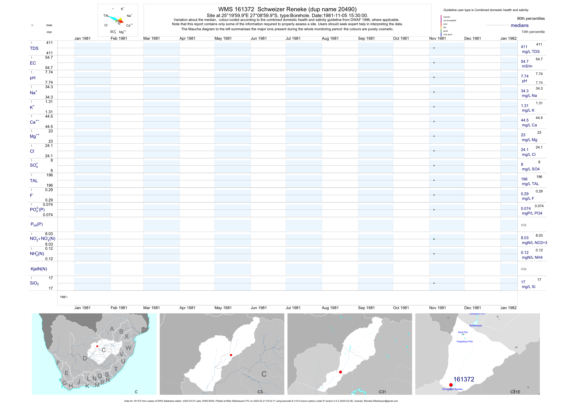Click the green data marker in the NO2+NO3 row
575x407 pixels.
pos(434,239)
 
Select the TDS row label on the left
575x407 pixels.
pos(34,48)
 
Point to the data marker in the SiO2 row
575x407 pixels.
pos(434,283)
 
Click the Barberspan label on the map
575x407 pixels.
pos(475,326)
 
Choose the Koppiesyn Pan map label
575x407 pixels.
pos(465,341)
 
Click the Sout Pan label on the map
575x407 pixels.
pos(462,332)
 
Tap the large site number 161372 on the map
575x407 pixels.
pos(464,379)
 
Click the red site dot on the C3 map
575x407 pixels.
pos(231,355)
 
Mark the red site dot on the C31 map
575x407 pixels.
pos(340,372)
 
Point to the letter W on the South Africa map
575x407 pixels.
pos(128,348)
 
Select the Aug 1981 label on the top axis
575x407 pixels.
pos(330,38)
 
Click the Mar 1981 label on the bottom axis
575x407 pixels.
pos(151,308)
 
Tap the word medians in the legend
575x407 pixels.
pos(519,25)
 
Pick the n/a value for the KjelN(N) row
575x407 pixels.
pos(523,269)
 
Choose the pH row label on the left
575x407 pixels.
pos(33,78)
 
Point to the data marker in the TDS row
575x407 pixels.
pos(434,48)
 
